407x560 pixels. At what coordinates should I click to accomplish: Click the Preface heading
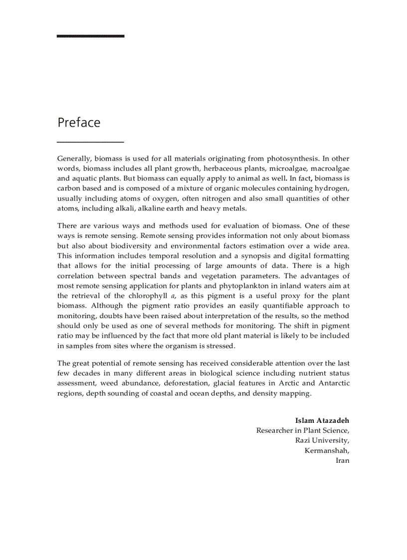(x=79, y=123)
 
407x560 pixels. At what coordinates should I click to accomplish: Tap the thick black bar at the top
(x=90, y=36)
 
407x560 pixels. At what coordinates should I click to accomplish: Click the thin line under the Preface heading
(x=90, y=142)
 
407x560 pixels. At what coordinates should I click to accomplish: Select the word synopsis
(x=252, y=256)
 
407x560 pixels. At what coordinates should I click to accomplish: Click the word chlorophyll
(x=145, y=296)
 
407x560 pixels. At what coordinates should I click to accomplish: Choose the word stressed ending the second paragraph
(x=218, y=346)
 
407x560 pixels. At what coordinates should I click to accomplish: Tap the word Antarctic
(x=334, y=383)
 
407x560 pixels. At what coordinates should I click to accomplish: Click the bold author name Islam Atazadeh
(x=322, y=420)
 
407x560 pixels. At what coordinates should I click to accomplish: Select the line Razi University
(x=322, y=440)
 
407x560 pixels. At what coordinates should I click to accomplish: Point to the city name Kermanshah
(x=327, y=450)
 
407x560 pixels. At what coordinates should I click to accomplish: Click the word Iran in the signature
(x=343, y=460)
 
